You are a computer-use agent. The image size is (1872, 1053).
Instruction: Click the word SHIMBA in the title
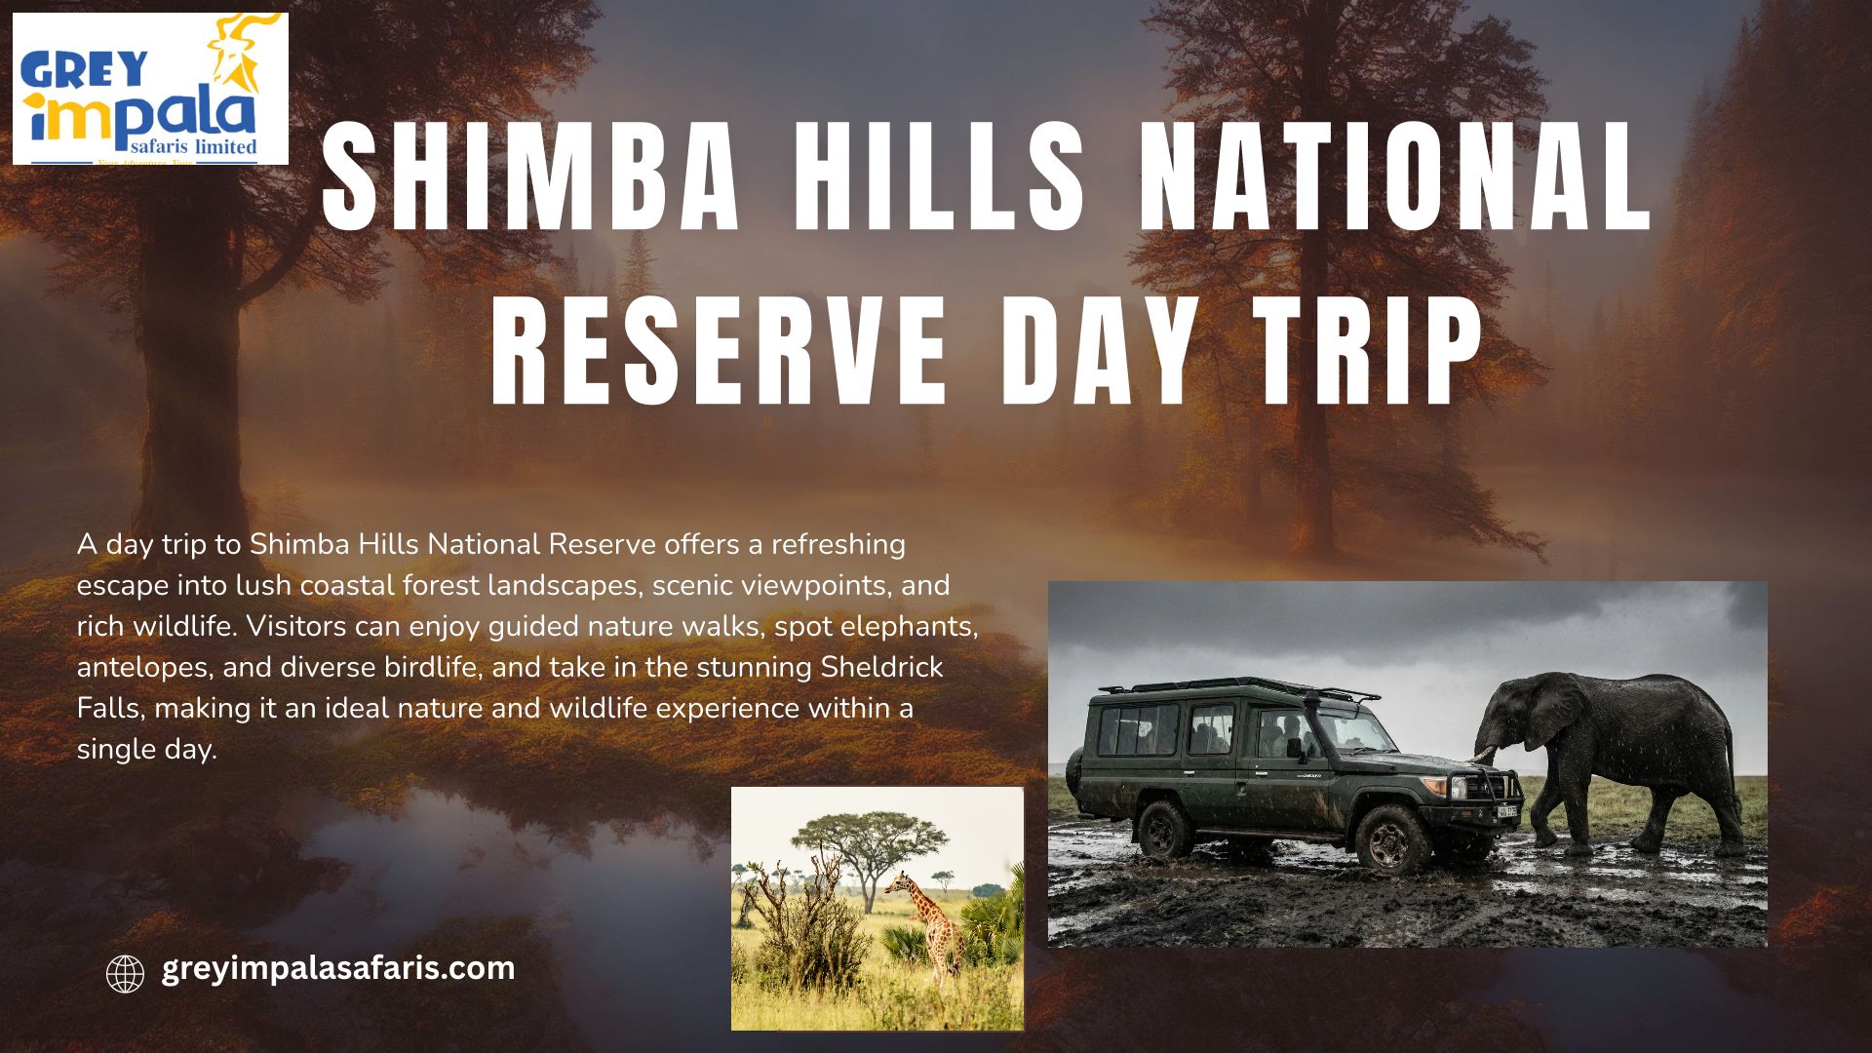530,176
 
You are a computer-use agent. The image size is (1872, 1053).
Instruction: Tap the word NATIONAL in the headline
1396,176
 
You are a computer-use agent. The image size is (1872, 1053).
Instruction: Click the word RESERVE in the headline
719,349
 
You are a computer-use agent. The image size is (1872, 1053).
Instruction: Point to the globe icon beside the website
125,973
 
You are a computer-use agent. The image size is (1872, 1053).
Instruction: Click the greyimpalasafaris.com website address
338,969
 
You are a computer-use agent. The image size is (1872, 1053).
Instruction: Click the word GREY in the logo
84,69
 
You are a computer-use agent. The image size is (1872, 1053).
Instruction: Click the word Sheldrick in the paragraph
881,667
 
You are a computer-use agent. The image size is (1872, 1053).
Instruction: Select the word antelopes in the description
144,669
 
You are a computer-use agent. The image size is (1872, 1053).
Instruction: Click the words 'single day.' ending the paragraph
147,750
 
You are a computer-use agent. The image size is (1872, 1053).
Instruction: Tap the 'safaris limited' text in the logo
193,146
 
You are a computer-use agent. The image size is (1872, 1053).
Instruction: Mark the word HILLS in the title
939,176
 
